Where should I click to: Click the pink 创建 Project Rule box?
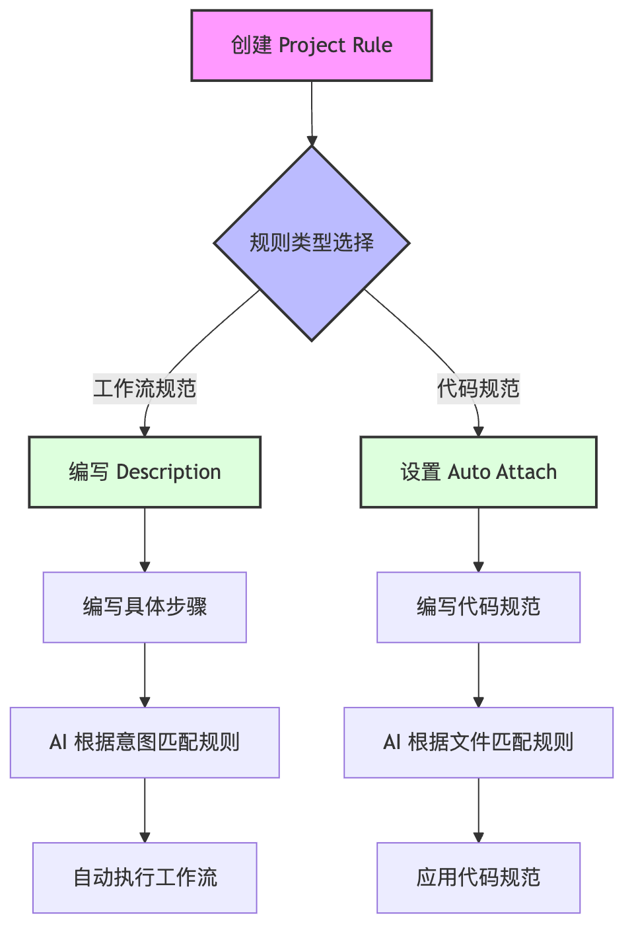(x=312, y=46)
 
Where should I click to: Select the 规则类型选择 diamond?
(x=312, y=243)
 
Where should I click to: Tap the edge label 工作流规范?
(x=145, y=388)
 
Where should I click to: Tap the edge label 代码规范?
(x=478, y=388)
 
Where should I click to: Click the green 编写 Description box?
(x=145, y=472)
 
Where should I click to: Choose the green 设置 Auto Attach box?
(x=478, y=472)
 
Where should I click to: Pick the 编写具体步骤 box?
(x=145, y=607)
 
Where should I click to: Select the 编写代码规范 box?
(x=478, y=607)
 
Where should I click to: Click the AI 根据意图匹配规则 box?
(x=145, y=742)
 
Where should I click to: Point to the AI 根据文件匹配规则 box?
(x=478, y=742)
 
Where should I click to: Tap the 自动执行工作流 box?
(x=145, y=878)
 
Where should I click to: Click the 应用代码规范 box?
(x=478, y=878)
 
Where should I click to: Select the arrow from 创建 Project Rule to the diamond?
(x=312, y=112)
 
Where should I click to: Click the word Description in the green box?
(x=168, y=472)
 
